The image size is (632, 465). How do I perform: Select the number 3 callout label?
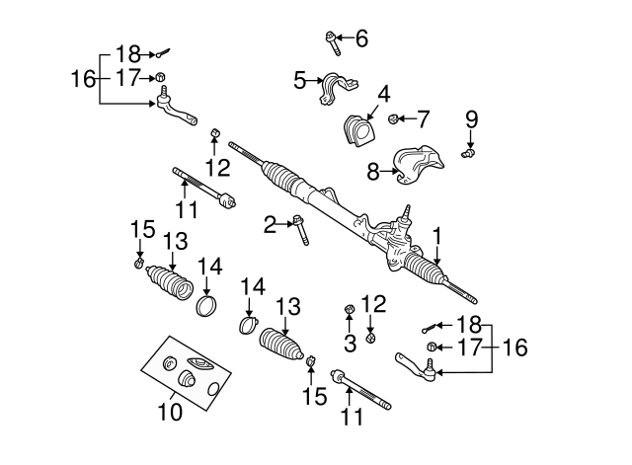(349, 343)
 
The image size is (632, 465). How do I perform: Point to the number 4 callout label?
(382, 94)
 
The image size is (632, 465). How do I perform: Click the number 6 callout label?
(360, 39)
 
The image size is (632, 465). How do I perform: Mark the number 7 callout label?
(423, 120)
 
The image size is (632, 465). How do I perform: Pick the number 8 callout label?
(373, 172)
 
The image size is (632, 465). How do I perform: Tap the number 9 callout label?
(472, 119)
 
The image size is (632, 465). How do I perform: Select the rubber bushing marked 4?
(358, 130)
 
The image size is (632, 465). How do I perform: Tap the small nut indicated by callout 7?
(394, 120)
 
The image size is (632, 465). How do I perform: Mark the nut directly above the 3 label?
(349, 313)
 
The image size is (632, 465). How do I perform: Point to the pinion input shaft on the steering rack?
(405, 212)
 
